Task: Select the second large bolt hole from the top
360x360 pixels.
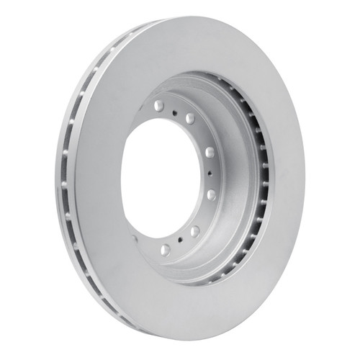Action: [x=191, y=117]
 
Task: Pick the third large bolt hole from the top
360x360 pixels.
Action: [x=210, y=153]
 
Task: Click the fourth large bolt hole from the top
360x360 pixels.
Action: [x=211, y=194]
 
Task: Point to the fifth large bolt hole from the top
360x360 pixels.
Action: [x=194, y=231]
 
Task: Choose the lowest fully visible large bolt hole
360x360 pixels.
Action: [x=166, y=249]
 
